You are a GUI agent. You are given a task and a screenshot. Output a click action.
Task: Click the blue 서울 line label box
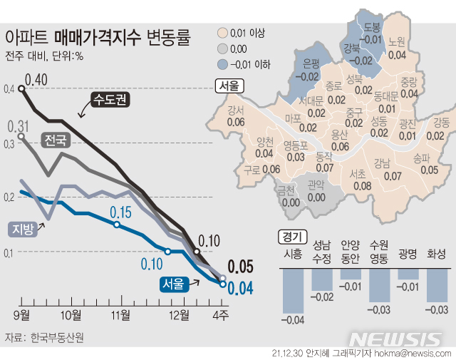[173, 284]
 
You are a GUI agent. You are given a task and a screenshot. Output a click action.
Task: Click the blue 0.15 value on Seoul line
[121, 212]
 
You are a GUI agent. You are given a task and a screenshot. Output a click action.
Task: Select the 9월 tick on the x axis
[21, 314]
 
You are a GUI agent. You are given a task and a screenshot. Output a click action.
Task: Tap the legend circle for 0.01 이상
[222, 33]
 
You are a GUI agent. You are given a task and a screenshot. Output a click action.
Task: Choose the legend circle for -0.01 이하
[222, 64]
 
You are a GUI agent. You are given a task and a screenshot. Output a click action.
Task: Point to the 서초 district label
[361, 178]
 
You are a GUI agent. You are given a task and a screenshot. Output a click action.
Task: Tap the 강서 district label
[235, 116]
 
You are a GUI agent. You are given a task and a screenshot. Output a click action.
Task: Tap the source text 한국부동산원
[56, 337]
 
